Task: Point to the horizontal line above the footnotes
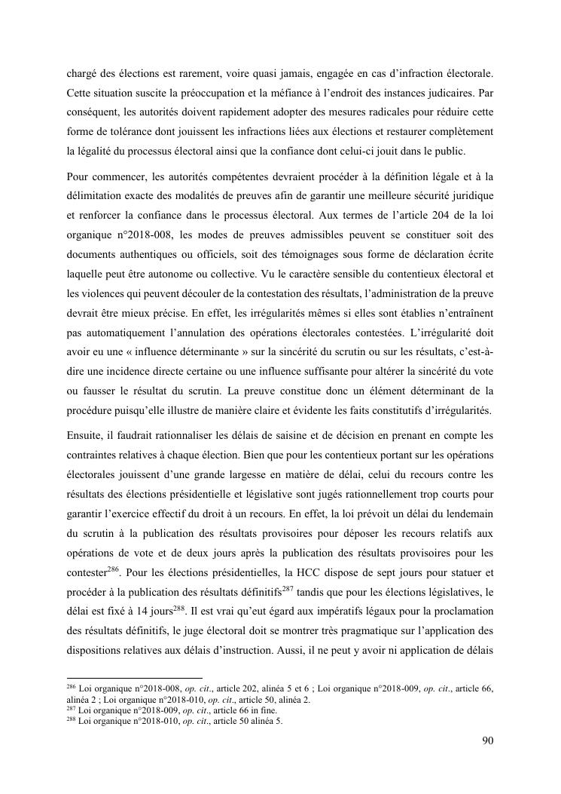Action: coord(135,678)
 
